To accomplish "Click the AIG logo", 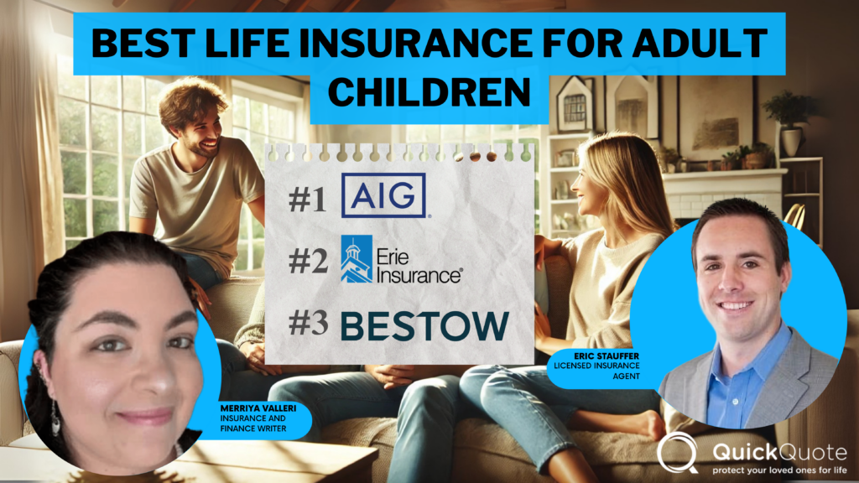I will tap(384, 195).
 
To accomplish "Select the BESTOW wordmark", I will tap(424, 327).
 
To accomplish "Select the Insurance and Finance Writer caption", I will tap(250, 426).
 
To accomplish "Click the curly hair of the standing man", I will tap(192, 98).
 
